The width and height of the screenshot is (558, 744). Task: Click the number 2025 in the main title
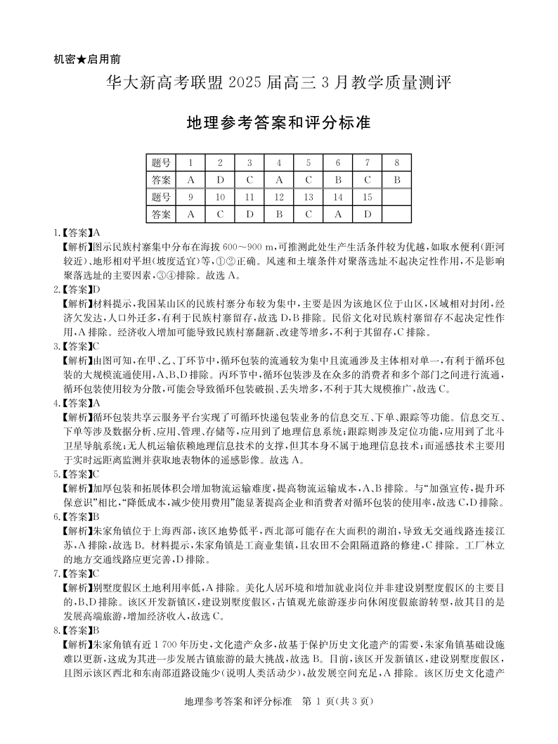(x=248, y=82)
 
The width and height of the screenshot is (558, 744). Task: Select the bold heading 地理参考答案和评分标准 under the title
(x=279, y=122)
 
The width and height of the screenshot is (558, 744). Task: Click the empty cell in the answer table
(x=397, y=214)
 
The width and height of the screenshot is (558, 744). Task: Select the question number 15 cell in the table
(x=368, y=197)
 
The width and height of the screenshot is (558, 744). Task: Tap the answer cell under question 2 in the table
(x=220, y=180)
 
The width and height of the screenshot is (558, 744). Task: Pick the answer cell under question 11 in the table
(x=249, y=214)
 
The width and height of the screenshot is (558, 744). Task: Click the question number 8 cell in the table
(x=397, y=163)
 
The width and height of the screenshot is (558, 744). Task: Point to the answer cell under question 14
(x=338, y=214)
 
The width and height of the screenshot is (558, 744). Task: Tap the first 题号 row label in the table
(x=161, y=163)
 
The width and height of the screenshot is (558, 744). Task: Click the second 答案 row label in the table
(x=161, y=214)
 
